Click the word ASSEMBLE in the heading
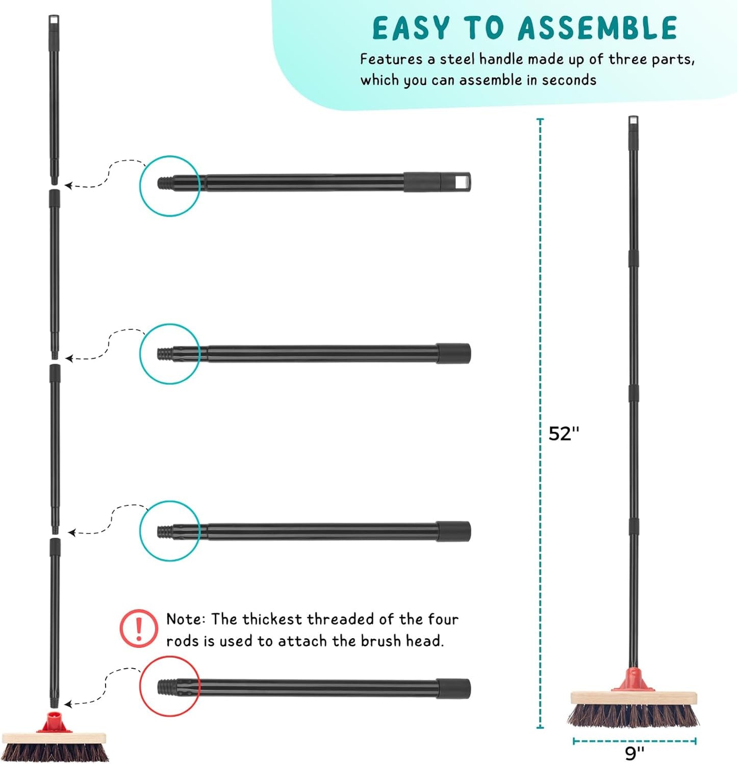[x=597, y=28]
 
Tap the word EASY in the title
[x=411, y=28]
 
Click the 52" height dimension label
[x=564, y=434]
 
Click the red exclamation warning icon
[x=139, y=628]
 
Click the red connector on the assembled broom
[x=633, y=680]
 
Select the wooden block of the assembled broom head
[x=633, y=698]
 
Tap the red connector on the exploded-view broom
[x=51, y=723]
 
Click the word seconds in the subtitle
[x=569, y=81]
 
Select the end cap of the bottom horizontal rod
[x=453, y=688]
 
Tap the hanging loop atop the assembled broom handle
[x=633, y=122]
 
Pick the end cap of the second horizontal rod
[x=453, y=353]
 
